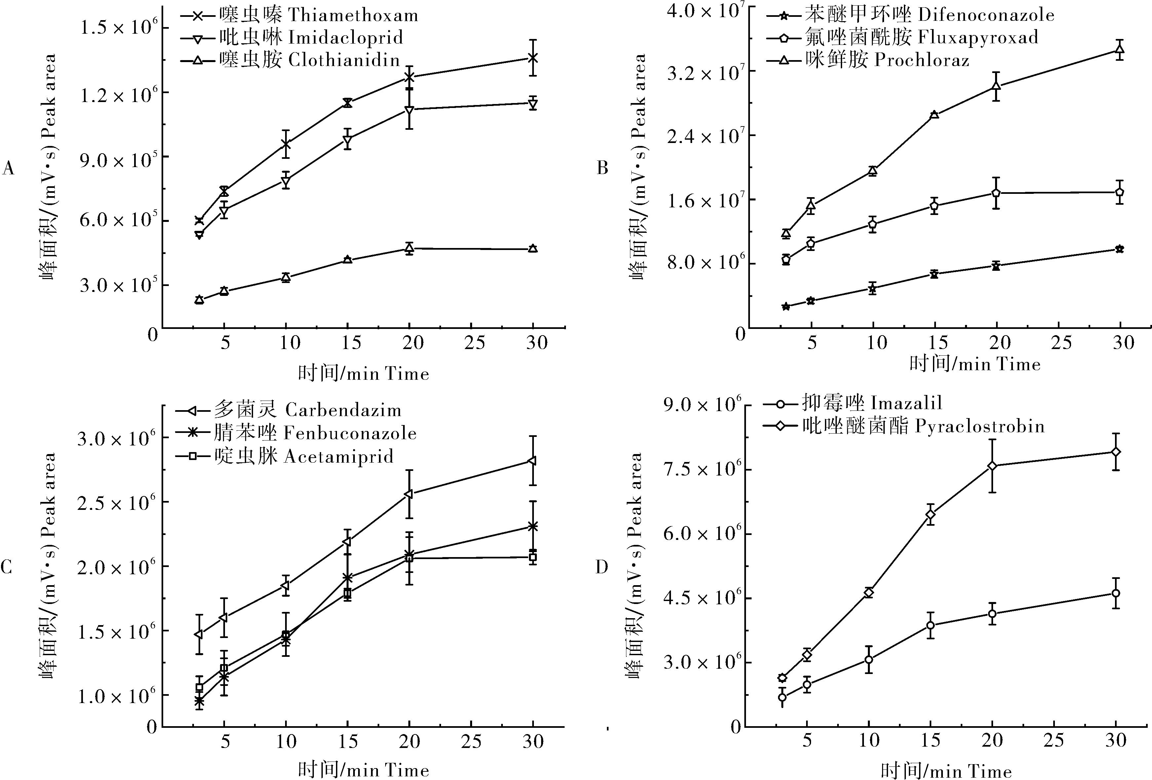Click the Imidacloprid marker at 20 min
point(409,110)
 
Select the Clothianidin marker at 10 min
point(285,277)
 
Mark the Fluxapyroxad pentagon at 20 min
point(996,193)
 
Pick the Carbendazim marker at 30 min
point(532,461)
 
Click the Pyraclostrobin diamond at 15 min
point(930,515)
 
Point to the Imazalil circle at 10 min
point(869,659)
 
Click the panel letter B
point(602,168)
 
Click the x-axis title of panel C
point(363,769)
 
